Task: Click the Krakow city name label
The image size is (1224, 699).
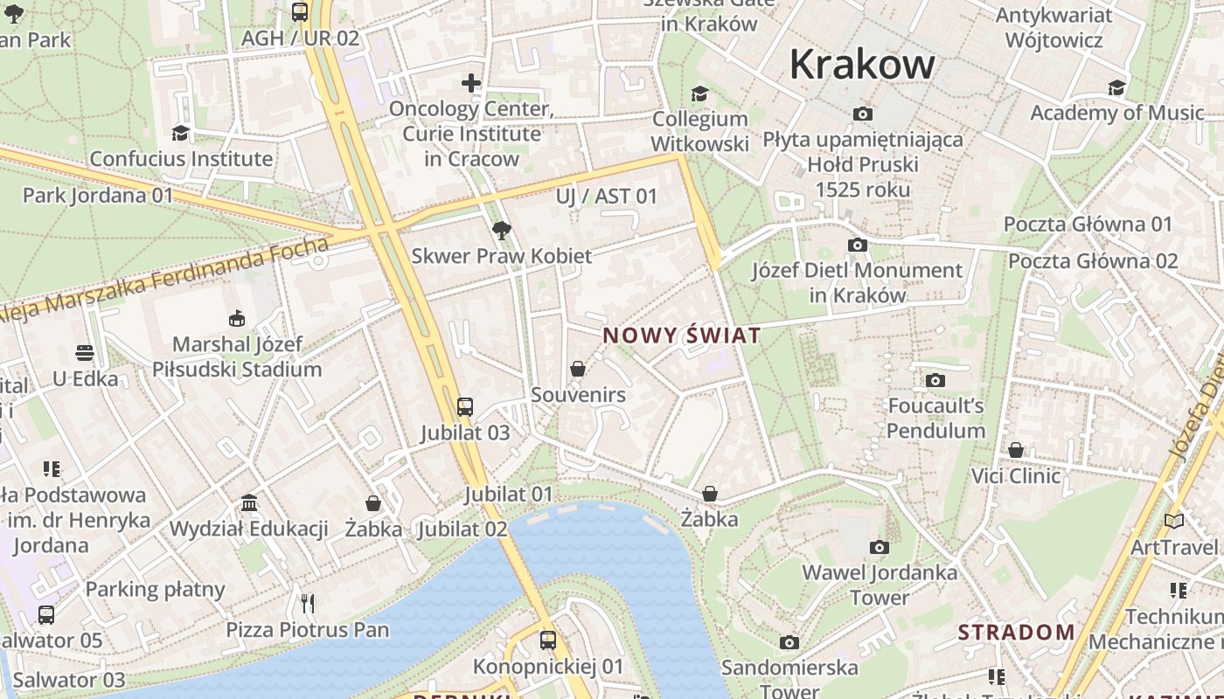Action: (x=862, y=65)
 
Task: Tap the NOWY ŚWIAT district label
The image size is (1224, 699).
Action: (x=682, y=336)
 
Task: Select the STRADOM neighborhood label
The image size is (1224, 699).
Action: (x=1016, y=632)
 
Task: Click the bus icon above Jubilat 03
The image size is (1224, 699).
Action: (x=465, y=406)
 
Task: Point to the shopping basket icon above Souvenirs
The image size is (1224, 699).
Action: (x=578, y=369)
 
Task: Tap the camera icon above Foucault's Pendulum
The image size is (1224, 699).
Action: (x=935, y=380)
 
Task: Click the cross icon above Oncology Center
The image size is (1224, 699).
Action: (x=471, y=83)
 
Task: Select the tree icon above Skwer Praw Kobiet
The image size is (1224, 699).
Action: (x=502, y=231)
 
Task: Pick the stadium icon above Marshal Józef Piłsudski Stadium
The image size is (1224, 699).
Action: (x=237, y=318)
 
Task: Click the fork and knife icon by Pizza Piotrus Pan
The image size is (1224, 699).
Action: (x=307, y=603)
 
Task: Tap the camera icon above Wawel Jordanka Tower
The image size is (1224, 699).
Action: (x=880, y=548)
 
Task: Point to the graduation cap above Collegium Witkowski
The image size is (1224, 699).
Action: (x=699, y=93)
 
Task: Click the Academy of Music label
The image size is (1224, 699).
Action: (x=1116, y=113)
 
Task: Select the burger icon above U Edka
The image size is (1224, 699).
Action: (x=85, y=353)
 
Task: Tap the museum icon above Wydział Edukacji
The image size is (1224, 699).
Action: (x=249, y=503)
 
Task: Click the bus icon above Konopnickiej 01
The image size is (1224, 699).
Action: (x=548, y=640)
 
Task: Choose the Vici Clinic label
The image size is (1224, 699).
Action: (x=1016, y=476)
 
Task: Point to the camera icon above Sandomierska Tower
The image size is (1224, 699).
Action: (x=789, y=643)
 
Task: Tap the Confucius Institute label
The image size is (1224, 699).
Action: (x=181, y=159)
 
